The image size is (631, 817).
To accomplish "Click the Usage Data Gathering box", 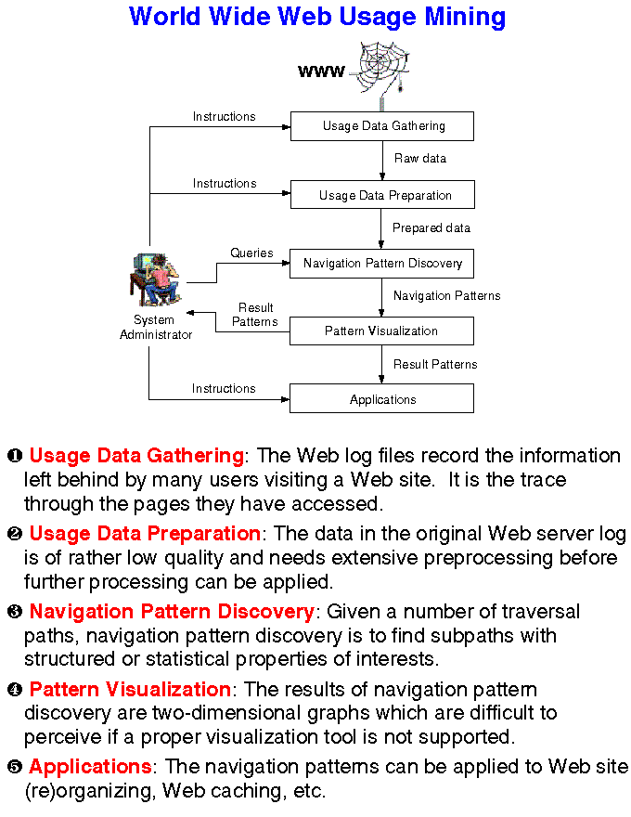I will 382,126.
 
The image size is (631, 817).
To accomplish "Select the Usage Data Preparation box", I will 382,195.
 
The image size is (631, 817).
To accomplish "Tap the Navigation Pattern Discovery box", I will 382,264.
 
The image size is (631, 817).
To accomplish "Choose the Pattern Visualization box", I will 382,331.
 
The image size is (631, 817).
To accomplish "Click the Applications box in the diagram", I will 382,399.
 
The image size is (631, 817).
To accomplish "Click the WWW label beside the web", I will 321,71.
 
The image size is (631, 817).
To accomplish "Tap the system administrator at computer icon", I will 155,279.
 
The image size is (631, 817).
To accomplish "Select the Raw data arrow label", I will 420,159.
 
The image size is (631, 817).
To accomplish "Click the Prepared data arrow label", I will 431,228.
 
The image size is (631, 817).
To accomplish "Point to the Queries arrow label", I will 251,253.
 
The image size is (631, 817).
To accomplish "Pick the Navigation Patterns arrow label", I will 446,296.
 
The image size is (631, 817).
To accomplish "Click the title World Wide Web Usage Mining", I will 317,17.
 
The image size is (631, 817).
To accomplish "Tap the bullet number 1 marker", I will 15,456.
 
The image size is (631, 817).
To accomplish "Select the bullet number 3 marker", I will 15,612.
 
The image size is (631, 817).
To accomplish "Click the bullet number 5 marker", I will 15,768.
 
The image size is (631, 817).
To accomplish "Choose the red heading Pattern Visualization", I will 130,690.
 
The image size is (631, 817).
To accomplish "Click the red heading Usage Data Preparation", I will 145,534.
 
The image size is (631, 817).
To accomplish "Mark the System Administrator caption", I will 156,328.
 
